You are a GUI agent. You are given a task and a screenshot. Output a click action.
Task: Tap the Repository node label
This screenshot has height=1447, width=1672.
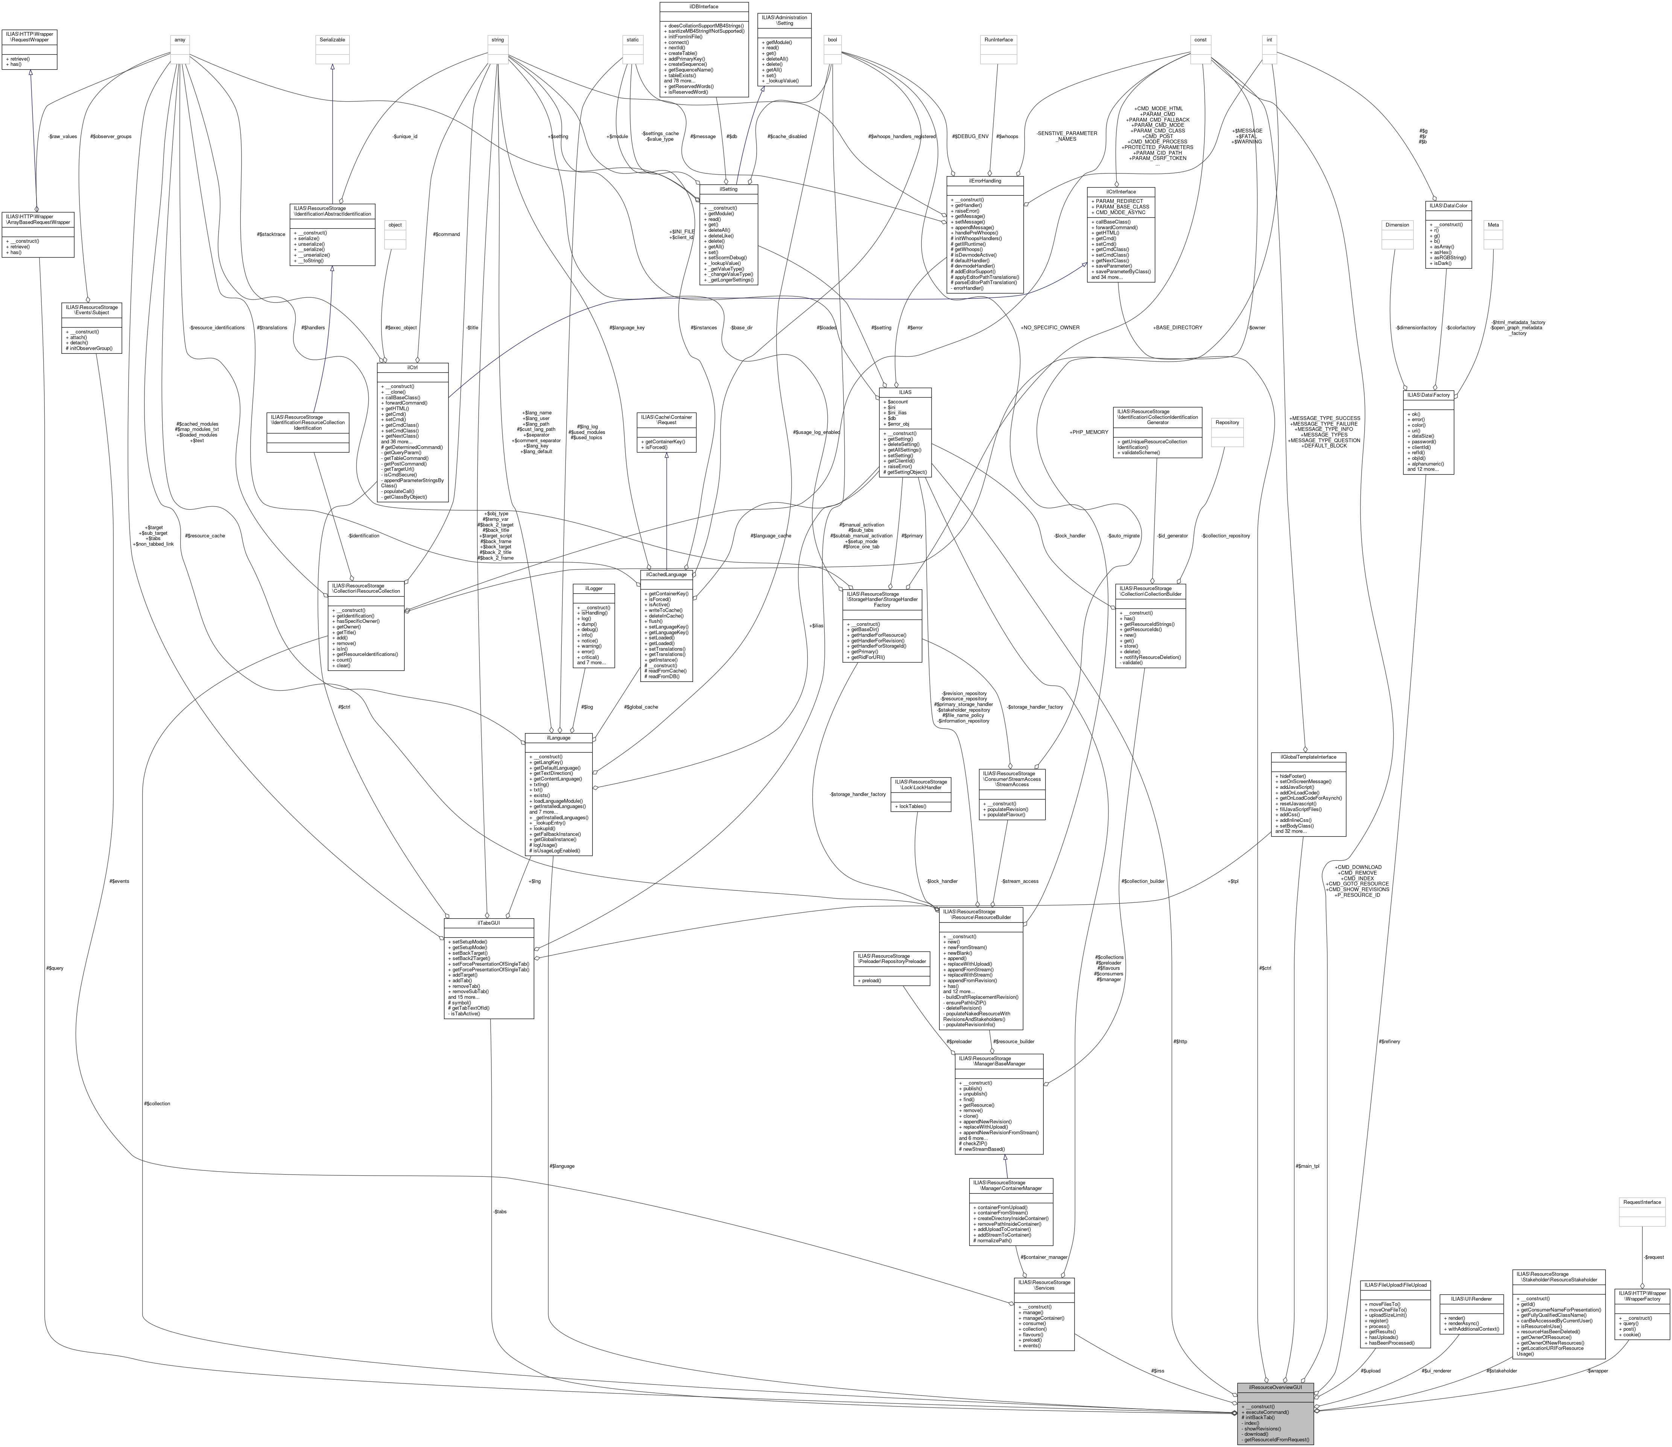[x=1227, y=422]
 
